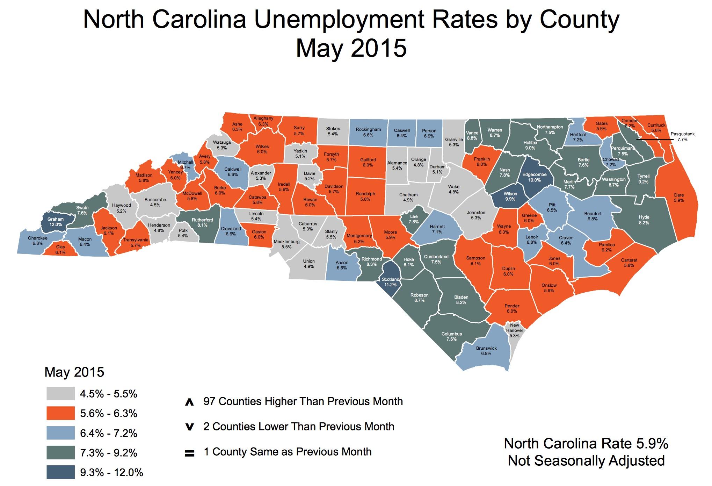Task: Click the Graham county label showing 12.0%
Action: pos(56,222)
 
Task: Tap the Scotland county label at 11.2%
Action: pos(390,282)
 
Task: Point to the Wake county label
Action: pos(453,189)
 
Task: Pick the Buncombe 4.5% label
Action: pos(155,202)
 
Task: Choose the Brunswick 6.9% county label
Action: pos(486,351)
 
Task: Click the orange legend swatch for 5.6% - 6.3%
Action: pos(60,413)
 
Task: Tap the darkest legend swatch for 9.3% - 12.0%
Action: pos(60,472)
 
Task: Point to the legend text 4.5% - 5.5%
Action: pos(109,394)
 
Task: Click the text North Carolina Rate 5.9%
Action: pos(586,444)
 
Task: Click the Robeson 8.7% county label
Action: pos(419,298)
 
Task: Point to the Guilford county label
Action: pos(368,162)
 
